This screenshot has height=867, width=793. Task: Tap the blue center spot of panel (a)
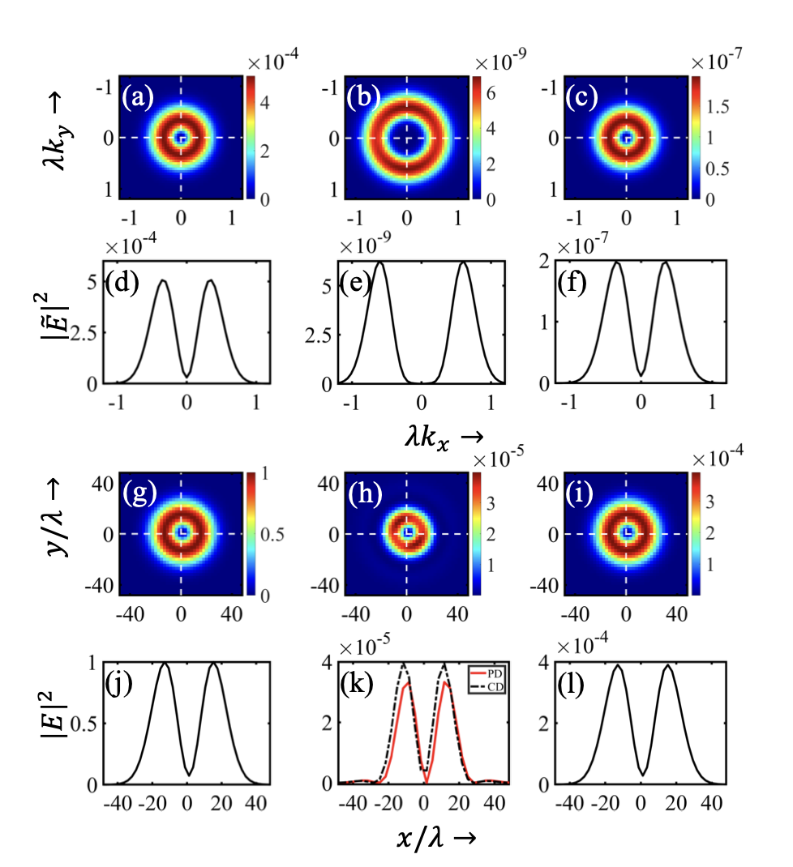182,138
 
